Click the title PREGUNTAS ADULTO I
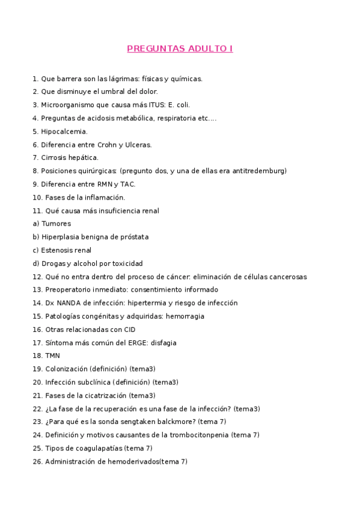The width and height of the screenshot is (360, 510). tap(180, 49)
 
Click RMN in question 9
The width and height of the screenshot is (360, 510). tap(100, 184)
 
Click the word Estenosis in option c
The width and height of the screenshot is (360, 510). tap(56, 250)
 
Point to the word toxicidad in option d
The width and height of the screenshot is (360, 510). tap(127, 263)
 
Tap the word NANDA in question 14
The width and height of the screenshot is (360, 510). tap(70, 303)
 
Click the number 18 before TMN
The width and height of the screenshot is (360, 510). tap(37, 356)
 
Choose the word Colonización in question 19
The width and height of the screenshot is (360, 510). tap(66, 369)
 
